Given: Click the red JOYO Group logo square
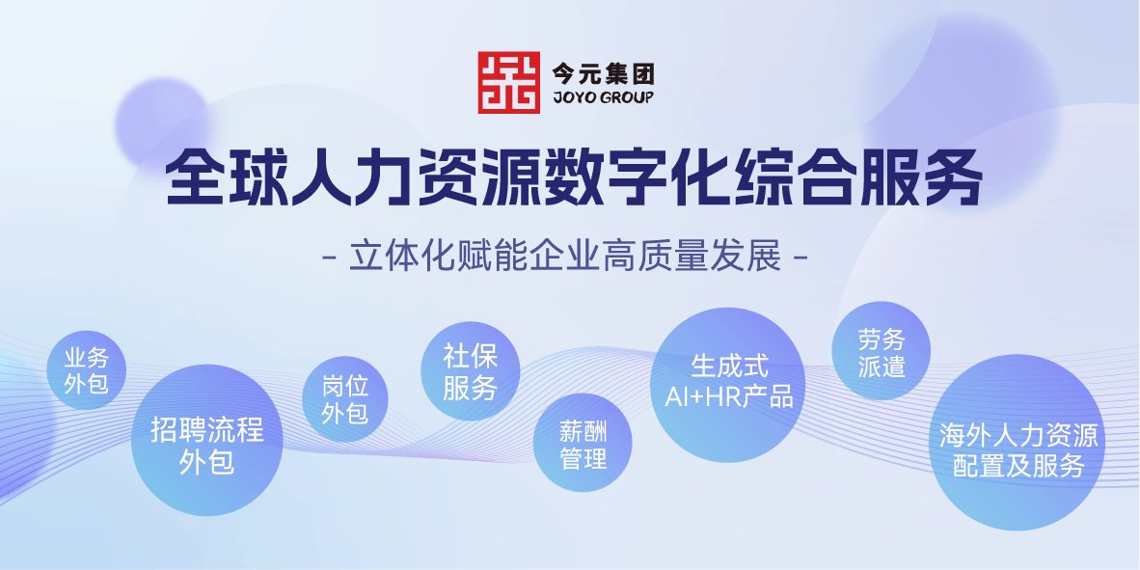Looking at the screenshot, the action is click(508, 82).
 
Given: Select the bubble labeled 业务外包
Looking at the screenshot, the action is click(86, 370).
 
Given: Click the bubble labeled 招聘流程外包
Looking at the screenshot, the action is click(206, 440).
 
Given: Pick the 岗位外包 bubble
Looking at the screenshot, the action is click(345, 399).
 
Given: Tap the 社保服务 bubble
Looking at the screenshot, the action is click(471, 370).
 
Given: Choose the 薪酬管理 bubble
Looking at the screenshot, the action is click(583, 443).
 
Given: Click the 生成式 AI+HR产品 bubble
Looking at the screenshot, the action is click(728, 385).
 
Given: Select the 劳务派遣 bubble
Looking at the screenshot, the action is click(882, 351).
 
